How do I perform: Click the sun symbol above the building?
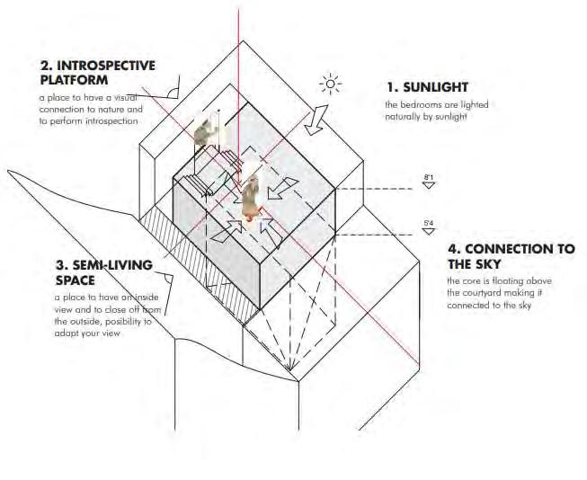[x=331, y=86]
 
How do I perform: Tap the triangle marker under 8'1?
[x=429, y=186]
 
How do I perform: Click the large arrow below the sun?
[x=316, y=120]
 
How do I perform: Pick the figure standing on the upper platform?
[x=207, y=132]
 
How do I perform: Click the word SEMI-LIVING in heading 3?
[x=100, y=266]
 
